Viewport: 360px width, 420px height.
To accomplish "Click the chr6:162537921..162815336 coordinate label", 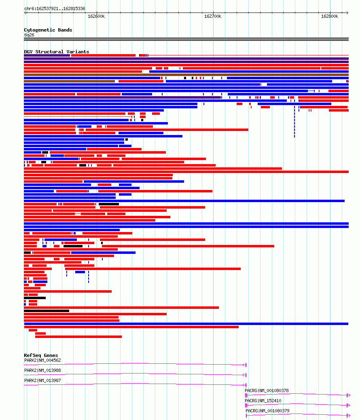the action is [55, 8].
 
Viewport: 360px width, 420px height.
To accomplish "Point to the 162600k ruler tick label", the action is [96, 16].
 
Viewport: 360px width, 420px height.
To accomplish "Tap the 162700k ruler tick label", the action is [213, 16].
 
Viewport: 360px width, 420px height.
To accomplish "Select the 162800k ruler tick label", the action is [330, 16].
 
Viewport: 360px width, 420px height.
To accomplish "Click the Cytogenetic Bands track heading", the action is [48, 30].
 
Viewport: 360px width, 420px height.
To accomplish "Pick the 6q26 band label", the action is [29, 35].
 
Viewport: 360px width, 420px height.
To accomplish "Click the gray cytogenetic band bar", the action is [186, 39].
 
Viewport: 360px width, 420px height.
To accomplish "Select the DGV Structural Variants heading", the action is [57, 52].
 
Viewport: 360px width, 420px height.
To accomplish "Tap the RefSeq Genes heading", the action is [41, 355].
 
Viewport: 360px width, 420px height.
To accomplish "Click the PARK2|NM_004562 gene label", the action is [42, 360].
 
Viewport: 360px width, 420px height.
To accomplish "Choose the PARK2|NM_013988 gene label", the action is [42, 370].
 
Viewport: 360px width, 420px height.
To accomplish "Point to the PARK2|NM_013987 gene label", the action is [42, 380].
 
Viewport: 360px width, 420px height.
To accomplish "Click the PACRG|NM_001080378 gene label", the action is [267, 390].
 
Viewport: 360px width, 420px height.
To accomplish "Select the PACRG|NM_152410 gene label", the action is [263, 401].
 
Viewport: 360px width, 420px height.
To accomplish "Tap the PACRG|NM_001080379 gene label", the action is [267, 411].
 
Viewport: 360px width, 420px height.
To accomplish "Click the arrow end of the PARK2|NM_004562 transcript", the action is [244, 365].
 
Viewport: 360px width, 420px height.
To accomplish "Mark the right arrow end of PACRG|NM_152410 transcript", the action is [349, 405].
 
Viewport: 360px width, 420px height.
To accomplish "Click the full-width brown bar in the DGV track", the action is [186, 75].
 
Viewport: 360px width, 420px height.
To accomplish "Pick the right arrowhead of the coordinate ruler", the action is [347, 13].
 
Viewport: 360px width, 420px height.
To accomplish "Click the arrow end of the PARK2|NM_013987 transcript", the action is [244, 385].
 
